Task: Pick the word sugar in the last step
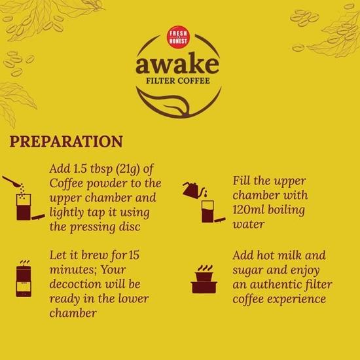point(249,269)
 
